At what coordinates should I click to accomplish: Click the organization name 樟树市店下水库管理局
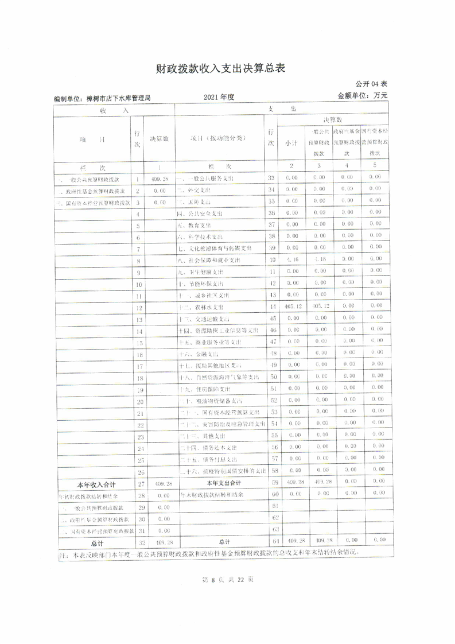[x=103, y=99]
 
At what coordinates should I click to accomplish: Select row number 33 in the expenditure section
[x=273, y=179]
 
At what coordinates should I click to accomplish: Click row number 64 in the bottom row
[x=273, y=541]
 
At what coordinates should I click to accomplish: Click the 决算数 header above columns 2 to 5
[x=333, y=120]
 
